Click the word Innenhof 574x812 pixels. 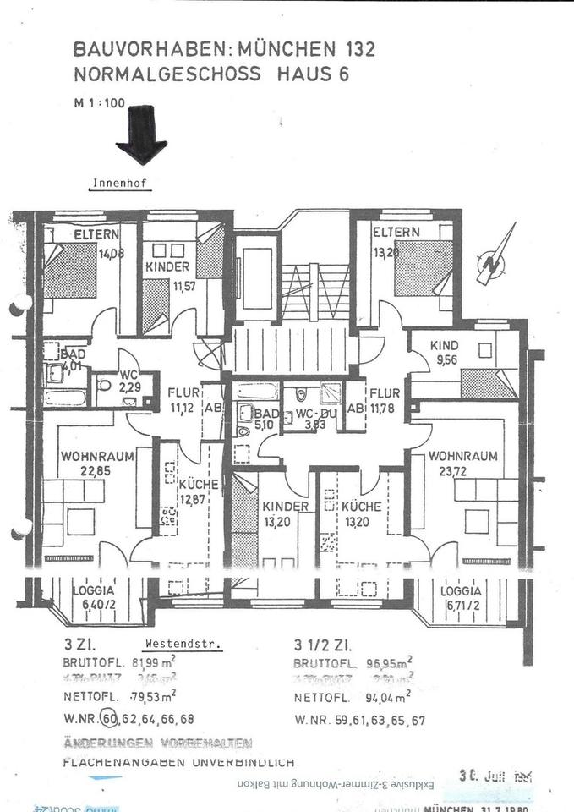tap(120, 182)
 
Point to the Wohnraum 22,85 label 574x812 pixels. tap(96, 464)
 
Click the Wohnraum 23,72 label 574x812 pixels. tap(457, 464)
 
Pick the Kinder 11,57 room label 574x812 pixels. tap(167, 274)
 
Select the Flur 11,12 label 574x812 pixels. tap(183, 400)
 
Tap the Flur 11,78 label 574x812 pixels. tap(385, 400)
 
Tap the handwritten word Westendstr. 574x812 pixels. tap(183, 643)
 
